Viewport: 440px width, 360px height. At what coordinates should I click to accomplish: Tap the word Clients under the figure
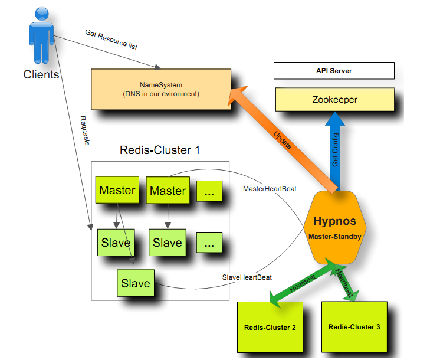(x=41, y=75)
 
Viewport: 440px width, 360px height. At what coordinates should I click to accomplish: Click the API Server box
(x=334, y=71)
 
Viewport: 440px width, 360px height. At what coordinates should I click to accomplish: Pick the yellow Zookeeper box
(x=334, y=100)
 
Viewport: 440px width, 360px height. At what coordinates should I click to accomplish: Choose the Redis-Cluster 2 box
(x=270, y=327)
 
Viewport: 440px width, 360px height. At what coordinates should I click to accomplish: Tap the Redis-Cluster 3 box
(x=354, y=326)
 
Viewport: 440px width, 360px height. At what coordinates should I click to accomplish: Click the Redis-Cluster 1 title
(x=160, y=150)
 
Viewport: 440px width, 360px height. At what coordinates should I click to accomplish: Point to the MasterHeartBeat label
(x=270, y=189)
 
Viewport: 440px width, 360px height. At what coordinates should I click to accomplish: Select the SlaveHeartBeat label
(x=247, y=277)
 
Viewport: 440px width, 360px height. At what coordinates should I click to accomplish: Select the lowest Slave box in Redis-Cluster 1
(x=136, y=283)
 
